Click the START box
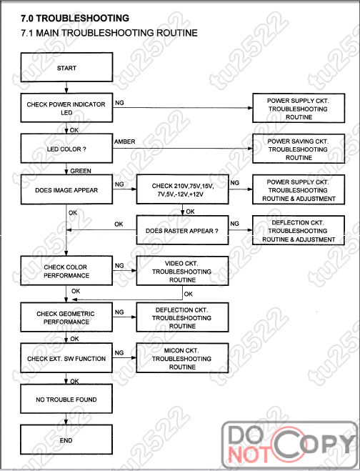pyautogui.click(x=66, y=67)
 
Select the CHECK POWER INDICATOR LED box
pyautogui.click(x=66, y=108)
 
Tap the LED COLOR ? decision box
pyautogui.click(x=66, y=149)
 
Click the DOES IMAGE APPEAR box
pyautogui.click(x=66, y=189)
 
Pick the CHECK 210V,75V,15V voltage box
pyautogui.click(x=183, y=189)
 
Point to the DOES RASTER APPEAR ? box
pyautogui.click(x=183, y=230)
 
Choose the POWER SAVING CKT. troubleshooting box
pyautogui.click(x=299, y=149)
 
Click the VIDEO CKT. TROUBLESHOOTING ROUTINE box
pyautogui.click(x=183, y=271)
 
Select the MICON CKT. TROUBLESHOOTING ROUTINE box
pyautogui.click(x=183, y=358)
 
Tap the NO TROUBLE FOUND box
pyautogui.click(x=66, y=399)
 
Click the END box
pyautogui.click(x=66, y=440)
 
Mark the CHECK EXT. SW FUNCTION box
pyautogui.click(x=66, y=358)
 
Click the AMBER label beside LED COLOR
pyautogui.click(x=124, y=142)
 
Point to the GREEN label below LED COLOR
pyautogui.click(x=81, y=171)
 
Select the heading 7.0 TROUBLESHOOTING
pyautogui.click(x=75, y=18)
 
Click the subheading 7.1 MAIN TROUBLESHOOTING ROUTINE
pyautogui.click(x=109, y=33)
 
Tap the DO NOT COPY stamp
pyautogui.click(x=290, y=445)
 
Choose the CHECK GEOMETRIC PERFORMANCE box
pyautogui.click(x=66, y=317)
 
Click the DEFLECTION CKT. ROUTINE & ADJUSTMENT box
pyautogui.click(x=299, y=230)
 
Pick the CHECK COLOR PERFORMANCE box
pyautogui.click(x=66, y=271)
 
